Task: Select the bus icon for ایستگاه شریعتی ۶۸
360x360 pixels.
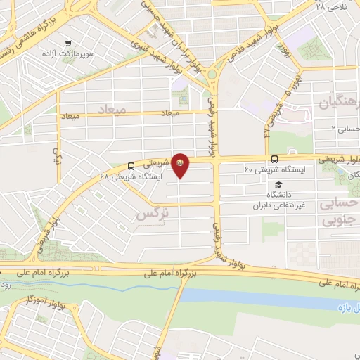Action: tap(132, 167)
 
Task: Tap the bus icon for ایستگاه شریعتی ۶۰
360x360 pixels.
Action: tap(274, 159)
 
